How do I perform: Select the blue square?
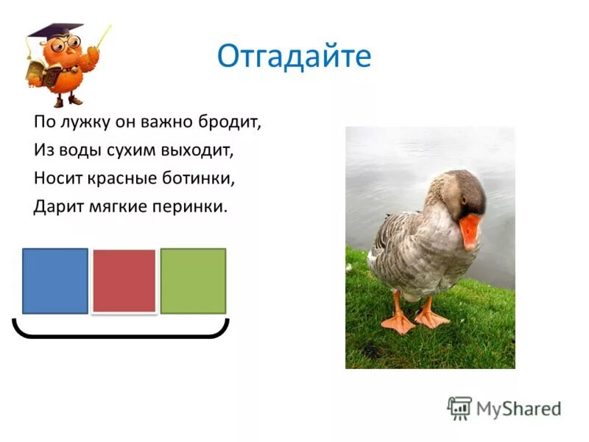coord(55,281)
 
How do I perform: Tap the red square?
coord(124,281)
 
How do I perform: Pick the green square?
coord(193,281)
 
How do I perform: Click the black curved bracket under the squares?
coord(121,335)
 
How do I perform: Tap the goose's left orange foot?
coord(398,323)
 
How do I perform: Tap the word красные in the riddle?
coord(121,178)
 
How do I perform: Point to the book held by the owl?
coord(37,70)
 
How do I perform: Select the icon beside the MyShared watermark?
coord(459,408)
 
